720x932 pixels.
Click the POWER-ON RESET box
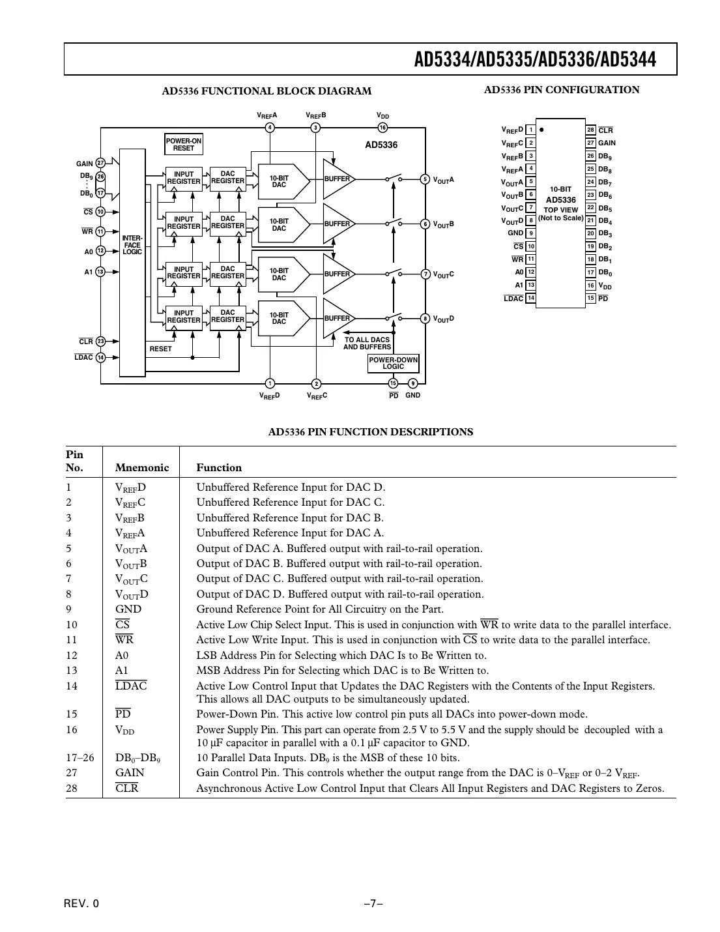point(183,145)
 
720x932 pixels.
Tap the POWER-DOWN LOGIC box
point(394,363)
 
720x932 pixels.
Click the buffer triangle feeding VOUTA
point(337,179)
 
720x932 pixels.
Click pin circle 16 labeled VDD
point(383,128)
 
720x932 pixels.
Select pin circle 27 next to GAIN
point(100,164)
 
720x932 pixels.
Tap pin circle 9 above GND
point(412,383)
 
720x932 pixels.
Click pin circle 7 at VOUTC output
point(425,274)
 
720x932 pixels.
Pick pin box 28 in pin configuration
point(591,130)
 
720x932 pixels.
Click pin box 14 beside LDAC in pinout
point(531,299)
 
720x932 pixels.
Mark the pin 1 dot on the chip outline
point(542,130)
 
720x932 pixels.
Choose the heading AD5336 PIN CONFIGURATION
point(561,90)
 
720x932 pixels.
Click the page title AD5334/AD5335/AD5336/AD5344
point(535,60)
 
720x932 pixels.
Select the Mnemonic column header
point(141,467)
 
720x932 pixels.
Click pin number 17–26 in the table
point(80,757)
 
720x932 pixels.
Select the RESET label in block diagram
point(160,349)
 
